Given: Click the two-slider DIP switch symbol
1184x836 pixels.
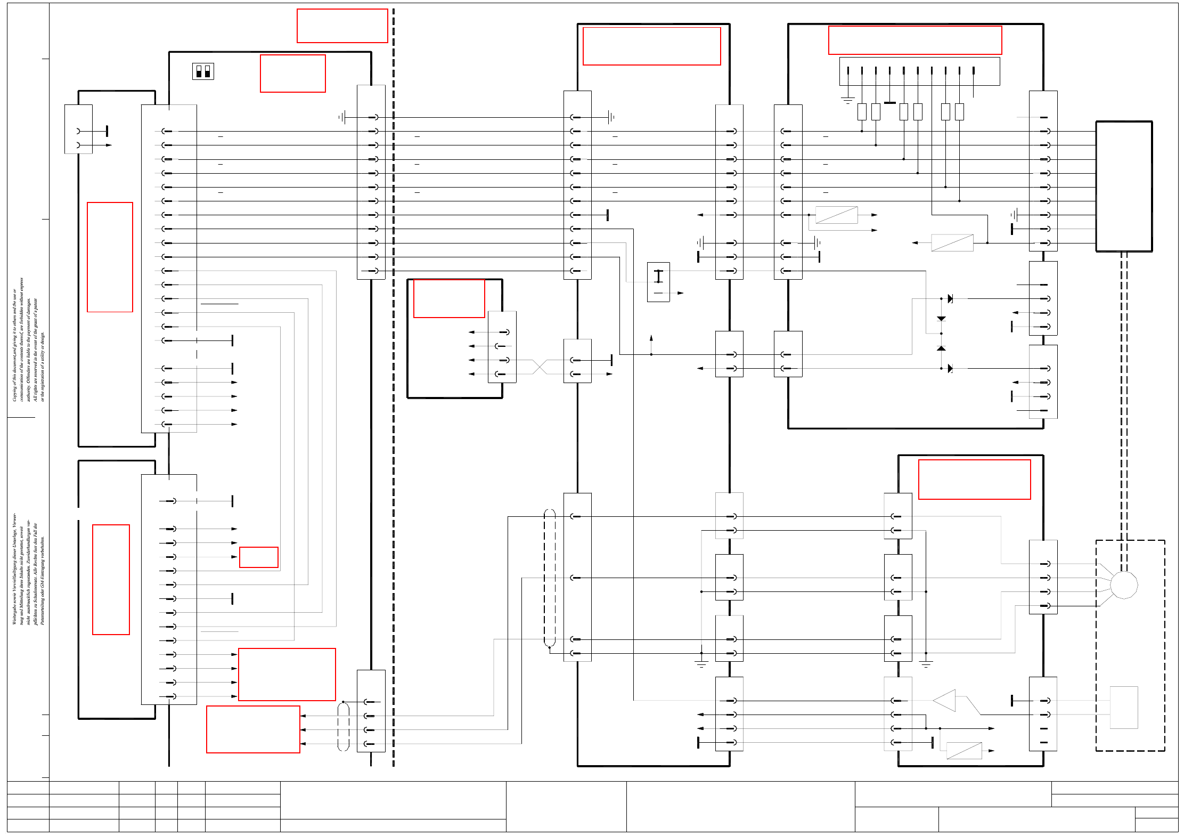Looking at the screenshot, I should [x=203, y=71].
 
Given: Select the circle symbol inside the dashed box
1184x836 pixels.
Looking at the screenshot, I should [x=1124, y=585].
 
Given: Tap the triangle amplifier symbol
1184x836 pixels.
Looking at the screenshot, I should [x=945, y=701].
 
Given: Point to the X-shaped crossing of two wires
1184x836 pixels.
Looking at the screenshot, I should [x=540, y=367].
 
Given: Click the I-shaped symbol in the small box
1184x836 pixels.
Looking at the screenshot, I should [x=658, y=277].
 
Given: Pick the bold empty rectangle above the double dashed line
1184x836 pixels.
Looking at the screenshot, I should [x=1124, y=186].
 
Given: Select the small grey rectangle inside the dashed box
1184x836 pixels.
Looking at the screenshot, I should [x=1124, y=707].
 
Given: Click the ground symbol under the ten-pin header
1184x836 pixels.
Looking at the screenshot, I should [x=847, y=100].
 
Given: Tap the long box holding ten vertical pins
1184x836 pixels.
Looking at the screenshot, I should [x=919, y=71].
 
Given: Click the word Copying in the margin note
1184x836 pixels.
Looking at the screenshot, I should [x=14, y=392].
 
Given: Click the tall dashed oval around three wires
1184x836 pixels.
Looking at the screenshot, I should [x=550, y=578].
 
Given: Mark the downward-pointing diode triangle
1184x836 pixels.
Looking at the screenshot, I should [x=941, y=319].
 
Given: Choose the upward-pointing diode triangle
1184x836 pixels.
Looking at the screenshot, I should [x=941, y=348].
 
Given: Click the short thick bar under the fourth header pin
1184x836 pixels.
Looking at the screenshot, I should [x=889, y=102].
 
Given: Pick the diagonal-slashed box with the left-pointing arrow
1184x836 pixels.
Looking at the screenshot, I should [x=952, y=243].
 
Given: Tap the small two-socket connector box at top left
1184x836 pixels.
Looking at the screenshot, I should [x=78, y=129].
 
